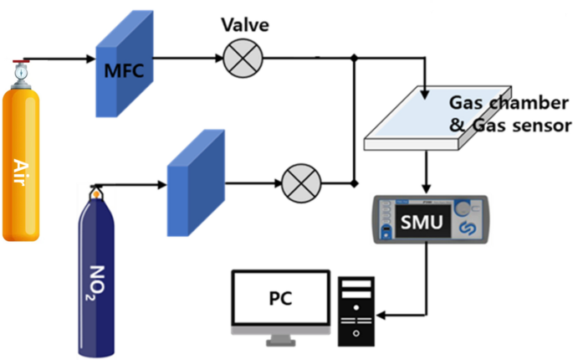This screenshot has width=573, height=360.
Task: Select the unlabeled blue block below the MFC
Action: tap(197, 179)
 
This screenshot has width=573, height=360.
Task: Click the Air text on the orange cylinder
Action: tap(23, 167)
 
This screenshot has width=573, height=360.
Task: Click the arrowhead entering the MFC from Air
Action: tap(91, 59)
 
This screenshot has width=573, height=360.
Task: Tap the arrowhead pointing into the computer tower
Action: tap(381, 316)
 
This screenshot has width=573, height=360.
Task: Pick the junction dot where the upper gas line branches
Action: tap(355, 59)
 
